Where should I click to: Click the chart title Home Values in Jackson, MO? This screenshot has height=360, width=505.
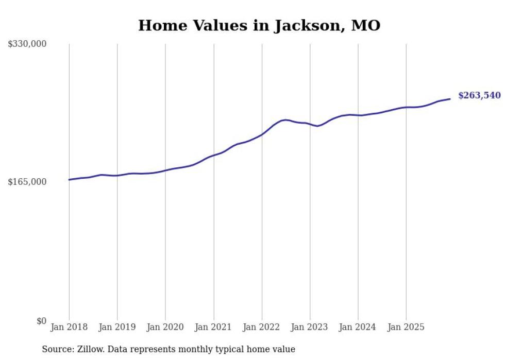[x=259, y=26]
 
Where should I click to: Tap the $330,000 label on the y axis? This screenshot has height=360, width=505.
[x=27, y=44]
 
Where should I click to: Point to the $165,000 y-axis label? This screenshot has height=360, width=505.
[x=27, y=182]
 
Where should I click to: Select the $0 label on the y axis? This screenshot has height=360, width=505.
[x=41, y=321]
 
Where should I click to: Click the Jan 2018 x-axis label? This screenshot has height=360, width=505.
[x=69, y=327]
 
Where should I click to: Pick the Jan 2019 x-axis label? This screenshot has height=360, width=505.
[x=117, y=327]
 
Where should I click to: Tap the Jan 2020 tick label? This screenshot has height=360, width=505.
[x=165, y=327]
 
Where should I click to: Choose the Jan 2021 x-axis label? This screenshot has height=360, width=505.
[x=213, y=327]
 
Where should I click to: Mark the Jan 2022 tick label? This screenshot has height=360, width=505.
[x=262, y=327]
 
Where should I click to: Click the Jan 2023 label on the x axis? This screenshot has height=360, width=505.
[x=310, y=327]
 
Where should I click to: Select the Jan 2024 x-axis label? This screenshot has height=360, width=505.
[x=358, y=327]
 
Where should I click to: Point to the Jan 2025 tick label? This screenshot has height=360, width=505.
[x=406, y=327]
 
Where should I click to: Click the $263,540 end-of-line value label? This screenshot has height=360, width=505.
[x=479, y=96]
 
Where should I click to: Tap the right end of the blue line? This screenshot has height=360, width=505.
[x=450, y=99]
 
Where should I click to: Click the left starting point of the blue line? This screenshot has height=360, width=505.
[x=69, y=180]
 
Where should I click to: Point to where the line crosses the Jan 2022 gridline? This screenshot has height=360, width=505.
[x=262, y=134]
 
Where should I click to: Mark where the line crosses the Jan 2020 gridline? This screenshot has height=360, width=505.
[x=165, y=170]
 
